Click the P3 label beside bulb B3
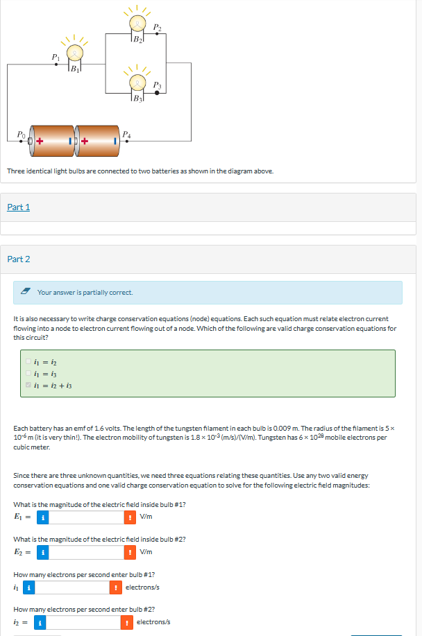[x=158, y=85]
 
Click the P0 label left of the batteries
[x=22, y=133]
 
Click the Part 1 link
[x=19, y=207]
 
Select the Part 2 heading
[x=19, y=259]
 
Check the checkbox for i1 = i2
[x=28, y=361]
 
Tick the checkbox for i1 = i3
[x=28, y=372]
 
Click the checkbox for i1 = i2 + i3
[x=28, y=384]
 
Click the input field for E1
[x=86, y=517]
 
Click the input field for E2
[x=86, y=552]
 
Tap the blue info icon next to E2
[x=42, y=552]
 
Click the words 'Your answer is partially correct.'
[x=85, y=293]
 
